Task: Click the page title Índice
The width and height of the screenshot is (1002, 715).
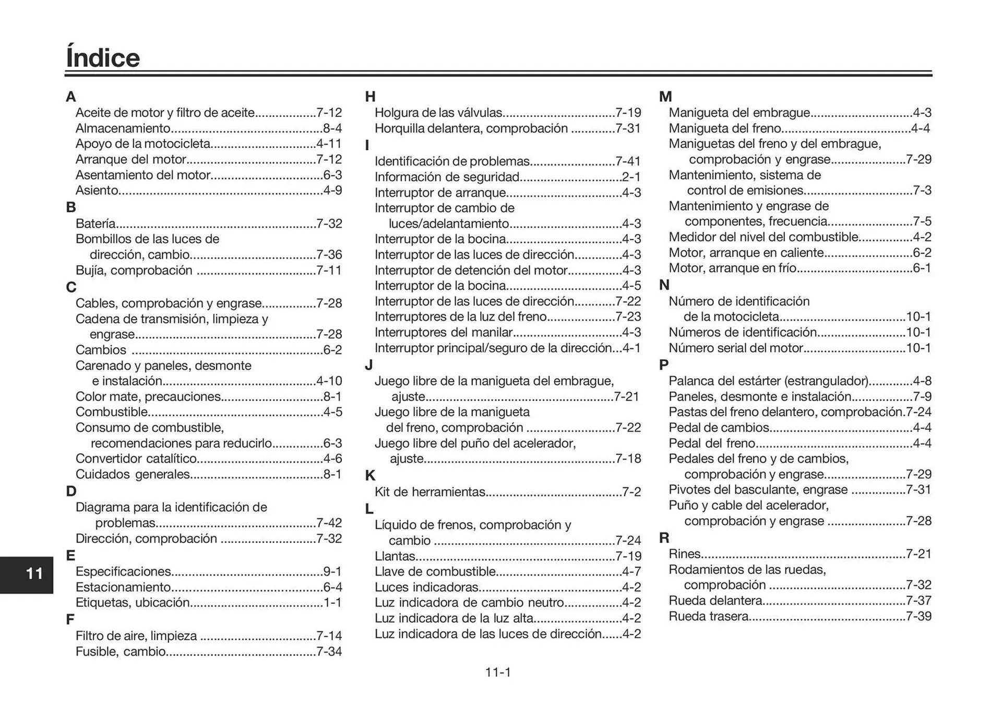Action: tap(103, 58)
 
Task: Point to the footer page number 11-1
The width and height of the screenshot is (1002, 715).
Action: tap(498, 673)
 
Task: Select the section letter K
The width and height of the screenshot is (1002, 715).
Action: tap(370, 476)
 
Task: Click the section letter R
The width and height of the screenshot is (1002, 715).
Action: tap(664, 538)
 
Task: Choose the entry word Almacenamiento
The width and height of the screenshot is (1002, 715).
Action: tap(123, 128)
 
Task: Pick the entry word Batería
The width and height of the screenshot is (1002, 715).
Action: tap(96, 224)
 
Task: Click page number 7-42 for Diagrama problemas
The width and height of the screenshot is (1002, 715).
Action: tap(329, 523)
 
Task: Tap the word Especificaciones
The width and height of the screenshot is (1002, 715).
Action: tap(123, 572)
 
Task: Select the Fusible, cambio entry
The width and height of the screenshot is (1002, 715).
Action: tap(121, 652)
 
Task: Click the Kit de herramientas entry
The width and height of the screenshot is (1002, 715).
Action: tap(430, 492)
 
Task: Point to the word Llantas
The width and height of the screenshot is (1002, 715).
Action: tap(395, 556)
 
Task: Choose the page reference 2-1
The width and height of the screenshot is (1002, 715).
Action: tap(631, 177)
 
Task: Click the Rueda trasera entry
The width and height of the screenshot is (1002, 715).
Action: tap(709, 617)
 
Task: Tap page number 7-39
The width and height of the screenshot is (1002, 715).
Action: tap(919, 617)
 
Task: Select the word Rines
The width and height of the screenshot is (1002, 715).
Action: tap(685, 554)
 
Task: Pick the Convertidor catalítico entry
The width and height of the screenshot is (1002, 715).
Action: tap(136, 459)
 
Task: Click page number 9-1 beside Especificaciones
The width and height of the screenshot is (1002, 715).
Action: tap(332, 572)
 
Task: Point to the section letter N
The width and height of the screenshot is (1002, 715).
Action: tap(664, 285)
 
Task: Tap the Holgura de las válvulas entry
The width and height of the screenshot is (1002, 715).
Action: tap(438, 113)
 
